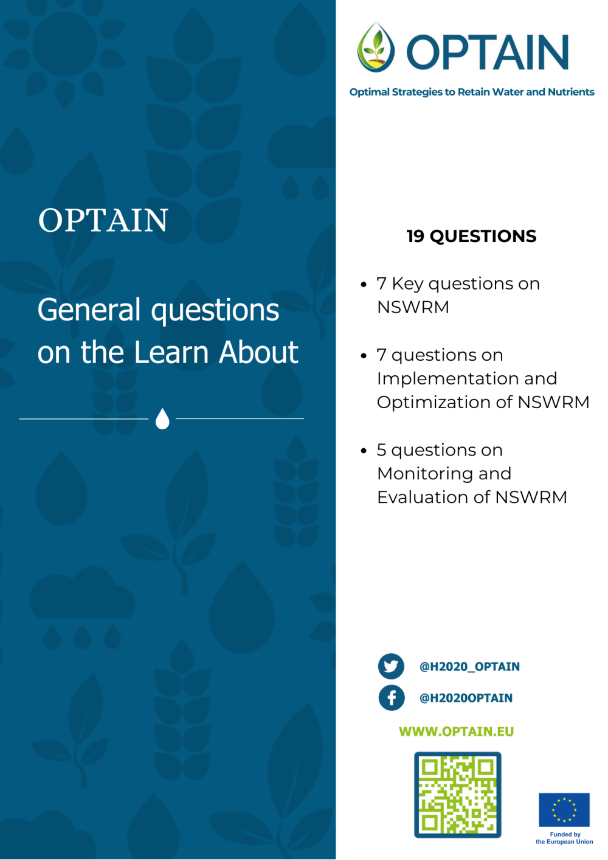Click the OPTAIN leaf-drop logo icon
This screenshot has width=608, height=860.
[x=376, y=48]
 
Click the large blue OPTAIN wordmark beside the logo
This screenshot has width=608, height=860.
[x=488, y=52]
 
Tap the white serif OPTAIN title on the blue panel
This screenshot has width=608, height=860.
[x=103, y=220]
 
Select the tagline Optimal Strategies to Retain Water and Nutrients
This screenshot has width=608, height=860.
[x=472, y=92]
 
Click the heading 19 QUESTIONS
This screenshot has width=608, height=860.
[x=471, y=236]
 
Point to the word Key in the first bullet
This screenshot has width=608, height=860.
[x=407, y=283]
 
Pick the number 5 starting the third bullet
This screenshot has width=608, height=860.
[x=381, y=450]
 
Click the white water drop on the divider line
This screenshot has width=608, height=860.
[x=162, y=418]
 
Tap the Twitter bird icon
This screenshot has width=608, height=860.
[x=391, y=667]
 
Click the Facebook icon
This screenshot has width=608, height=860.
[x=392, y=698]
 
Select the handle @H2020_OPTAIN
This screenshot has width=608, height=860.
[x=469, y=667]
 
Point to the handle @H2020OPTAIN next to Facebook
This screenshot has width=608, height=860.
[x=466, y=698]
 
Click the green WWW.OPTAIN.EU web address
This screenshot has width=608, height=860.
[x=456, y=731]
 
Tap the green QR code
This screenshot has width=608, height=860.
[x=457, y=795]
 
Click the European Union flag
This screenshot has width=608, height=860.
[x=564, y=810]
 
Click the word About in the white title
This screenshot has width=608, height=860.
[x=259, y=352]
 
